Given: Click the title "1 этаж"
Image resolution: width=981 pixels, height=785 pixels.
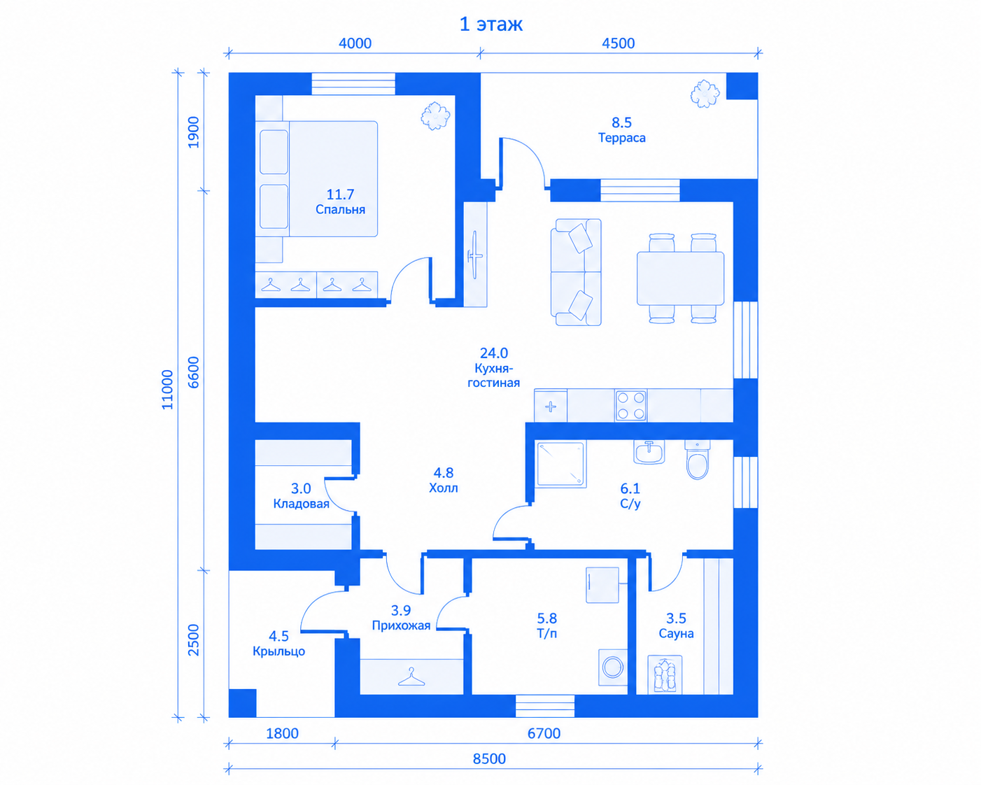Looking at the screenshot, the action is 490,24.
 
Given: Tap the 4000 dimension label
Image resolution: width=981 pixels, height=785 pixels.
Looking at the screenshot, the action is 355,43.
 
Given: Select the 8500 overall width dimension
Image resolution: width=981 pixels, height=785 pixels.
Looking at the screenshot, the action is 489,758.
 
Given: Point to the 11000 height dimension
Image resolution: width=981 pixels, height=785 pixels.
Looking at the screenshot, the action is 168,390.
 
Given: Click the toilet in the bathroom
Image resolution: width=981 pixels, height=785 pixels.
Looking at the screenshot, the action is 697,460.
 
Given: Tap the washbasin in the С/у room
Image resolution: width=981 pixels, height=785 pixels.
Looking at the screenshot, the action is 649,452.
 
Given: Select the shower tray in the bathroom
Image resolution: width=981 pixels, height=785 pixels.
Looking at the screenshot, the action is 560,464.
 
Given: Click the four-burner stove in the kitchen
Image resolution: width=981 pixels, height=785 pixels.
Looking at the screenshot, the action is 630,405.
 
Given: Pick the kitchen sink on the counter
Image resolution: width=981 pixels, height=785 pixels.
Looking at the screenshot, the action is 551,406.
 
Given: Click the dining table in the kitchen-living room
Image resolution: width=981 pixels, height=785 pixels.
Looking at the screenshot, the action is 680,278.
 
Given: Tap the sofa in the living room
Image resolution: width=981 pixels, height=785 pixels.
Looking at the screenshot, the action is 576,272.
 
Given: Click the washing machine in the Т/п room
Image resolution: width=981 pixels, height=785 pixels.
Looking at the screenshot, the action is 613,667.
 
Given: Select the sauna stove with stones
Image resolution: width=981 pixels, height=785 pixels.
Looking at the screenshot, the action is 665,674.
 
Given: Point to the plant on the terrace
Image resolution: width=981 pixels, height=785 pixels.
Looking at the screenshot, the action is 705,94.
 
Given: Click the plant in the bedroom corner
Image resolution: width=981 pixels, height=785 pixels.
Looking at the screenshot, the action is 435,115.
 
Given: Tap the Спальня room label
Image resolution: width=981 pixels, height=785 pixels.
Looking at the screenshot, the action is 340,210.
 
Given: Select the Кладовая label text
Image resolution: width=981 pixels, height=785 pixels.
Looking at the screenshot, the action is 301,504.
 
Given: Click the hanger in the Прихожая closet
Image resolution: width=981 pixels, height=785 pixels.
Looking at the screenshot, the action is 411,677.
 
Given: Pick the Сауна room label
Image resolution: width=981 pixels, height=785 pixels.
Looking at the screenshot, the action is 676,634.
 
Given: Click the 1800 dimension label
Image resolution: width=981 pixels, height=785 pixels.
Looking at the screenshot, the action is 282,733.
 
